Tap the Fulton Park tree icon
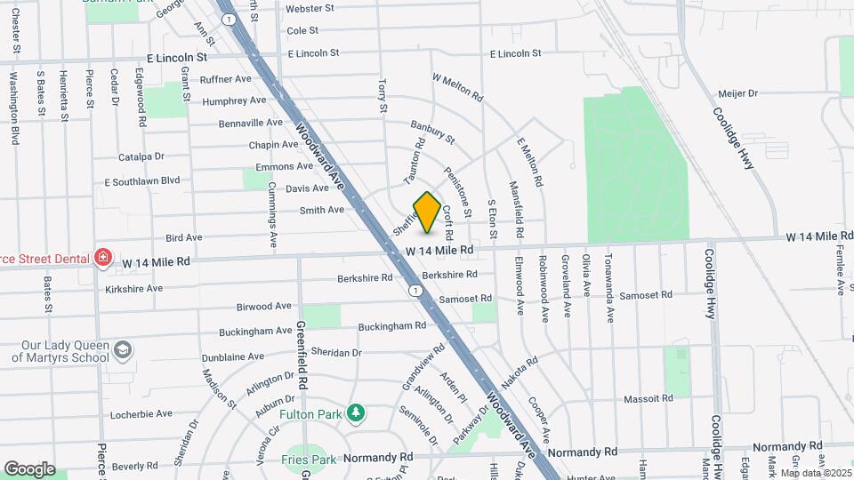tap(356, 412)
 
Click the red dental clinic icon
tap(103, 258)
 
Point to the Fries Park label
tap(309, 460)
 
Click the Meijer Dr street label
tap(737, 93)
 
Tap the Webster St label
tap(310, 9)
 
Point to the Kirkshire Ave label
tap(133, 289)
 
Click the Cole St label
tap(302, 30)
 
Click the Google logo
tap(29, 468)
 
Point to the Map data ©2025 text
tap(814, 472)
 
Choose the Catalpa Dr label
tap(141, 157)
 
